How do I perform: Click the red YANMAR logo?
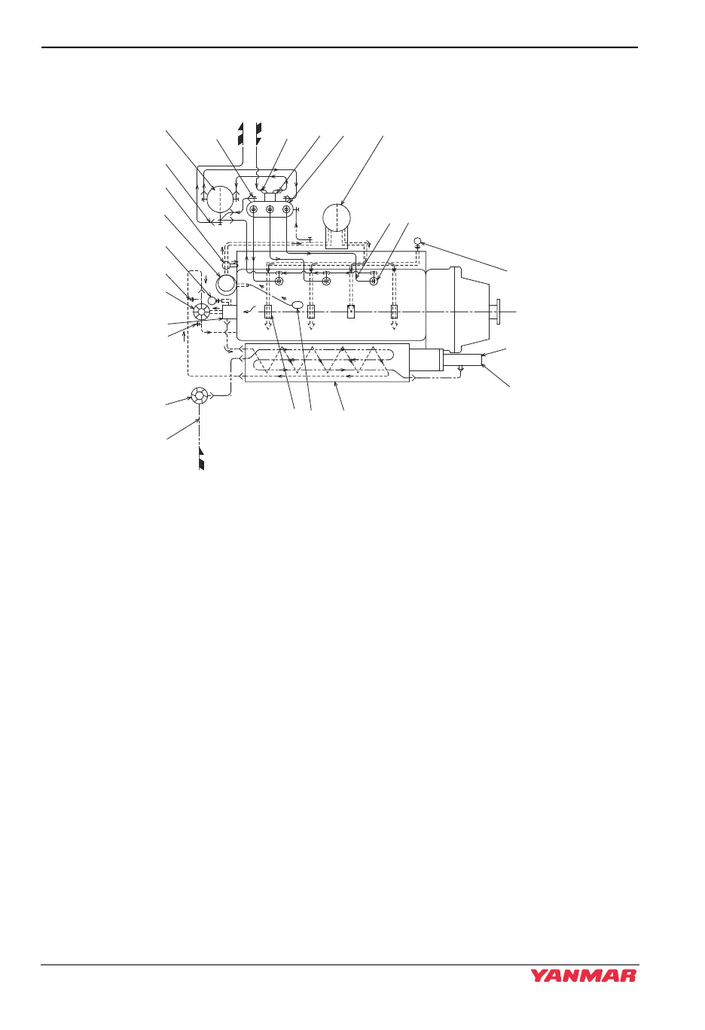click(584, 976)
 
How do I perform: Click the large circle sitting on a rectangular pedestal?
click(336, 218)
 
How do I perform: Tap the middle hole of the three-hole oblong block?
click(270, 209)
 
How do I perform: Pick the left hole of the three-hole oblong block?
click(254, 209)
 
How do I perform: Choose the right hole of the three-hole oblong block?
click(285, 209)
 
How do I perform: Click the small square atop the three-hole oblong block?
click(270, 197)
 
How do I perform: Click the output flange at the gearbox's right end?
click(498, 311)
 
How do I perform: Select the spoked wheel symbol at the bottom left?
click(199, 395)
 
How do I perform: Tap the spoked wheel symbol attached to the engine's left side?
click(202, 312)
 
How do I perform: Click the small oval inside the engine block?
click(298, 304)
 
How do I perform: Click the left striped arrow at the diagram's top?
click(241, 133)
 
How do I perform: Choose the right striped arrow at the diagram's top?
click(258, 133)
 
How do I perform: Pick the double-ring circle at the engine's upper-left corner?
click(225, 284)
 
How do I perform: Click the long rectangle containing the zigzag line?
click(327, 363)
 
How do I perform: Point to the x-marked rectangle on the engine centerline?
click(351, 312)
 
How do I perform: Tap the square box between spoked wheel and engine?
click(229, 311)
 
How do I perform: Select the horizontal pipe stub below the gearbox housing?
click(462, 359)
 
